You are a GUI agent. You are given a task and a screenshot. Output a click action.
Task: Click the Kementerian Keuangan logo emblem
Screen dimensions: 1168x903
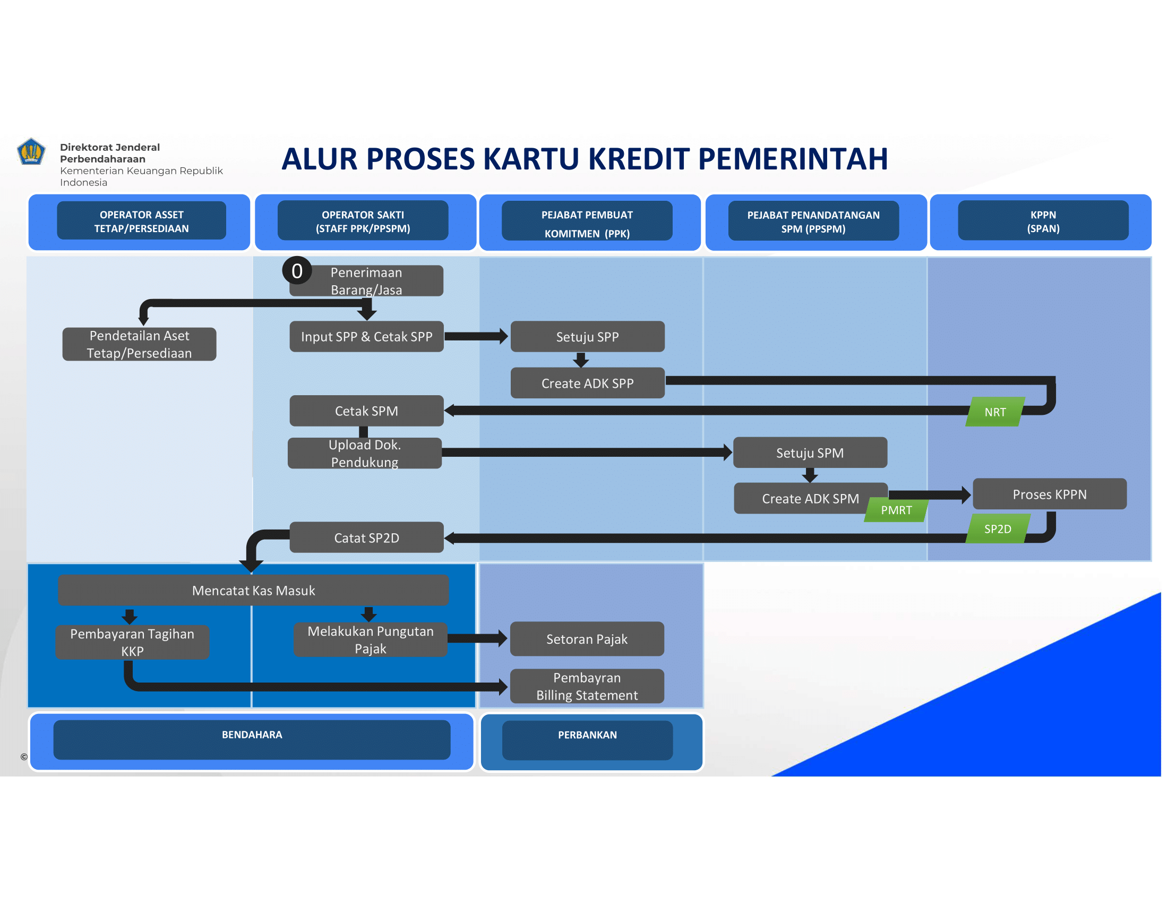(x=31, y=151)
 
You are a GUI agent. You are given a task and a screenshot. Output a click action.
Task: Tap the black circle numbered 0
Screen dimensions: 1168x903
(x=297, y=271)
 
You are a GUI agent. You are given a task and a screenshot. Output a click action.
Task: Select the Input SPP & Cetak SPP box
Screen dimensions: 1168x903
(x=366, y=336)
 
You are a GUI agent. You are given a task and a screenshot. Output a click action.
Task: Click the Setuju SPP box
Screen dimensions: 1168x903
(x=587, y=336)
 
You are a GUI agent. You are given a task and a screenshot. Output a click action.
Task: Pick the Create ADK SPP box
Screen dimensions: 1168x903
(x=587, y=383)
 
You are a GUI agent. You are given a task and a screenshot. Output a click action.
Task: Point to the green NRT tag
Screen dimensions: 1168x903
(x=995, y=412)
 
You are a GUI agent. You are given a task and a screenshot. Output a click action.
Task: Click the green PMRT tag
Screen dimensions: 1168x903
(x=896, y=510)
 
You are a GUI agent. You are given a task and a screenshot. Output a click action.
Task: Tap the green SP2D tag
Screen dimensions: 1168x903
(x=998, y=529)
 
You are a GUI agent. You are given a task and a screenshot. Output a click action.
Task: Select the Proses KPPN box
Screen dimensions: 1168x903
(x=1049, y=494)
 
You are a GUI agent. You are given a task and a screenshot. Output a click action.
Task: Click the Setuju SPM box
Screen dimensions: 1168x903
(x=810, y=453)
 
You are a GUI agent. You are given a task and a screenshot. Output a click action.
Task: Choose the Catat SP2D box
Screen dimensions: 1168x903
(x=366, y=538)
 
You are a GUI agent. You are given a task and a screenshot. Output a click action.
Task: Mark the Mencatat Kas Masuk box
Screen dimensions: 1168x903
(x=253, y=590)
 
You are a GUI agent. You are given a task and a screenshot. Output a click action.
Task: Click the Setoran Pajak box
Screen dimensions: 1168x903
(x=587, y=638)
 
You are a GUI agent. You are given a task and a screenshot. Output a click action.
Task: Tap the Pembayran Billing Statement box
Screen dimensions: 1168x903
(x=587, y=686)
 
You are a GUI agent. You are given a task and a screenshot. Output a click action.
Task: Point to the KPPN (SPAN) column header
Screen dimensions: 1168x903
(x=1043, y=220)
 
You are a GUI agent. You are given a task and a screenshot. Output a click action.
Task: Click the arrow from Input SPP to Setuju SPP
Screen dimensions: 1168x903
(x=476, y=336)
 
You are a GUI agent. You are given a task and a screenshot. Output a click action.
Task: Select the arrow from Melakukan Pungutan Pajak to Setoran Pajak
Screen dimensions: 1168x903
(x=477, y=638)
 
